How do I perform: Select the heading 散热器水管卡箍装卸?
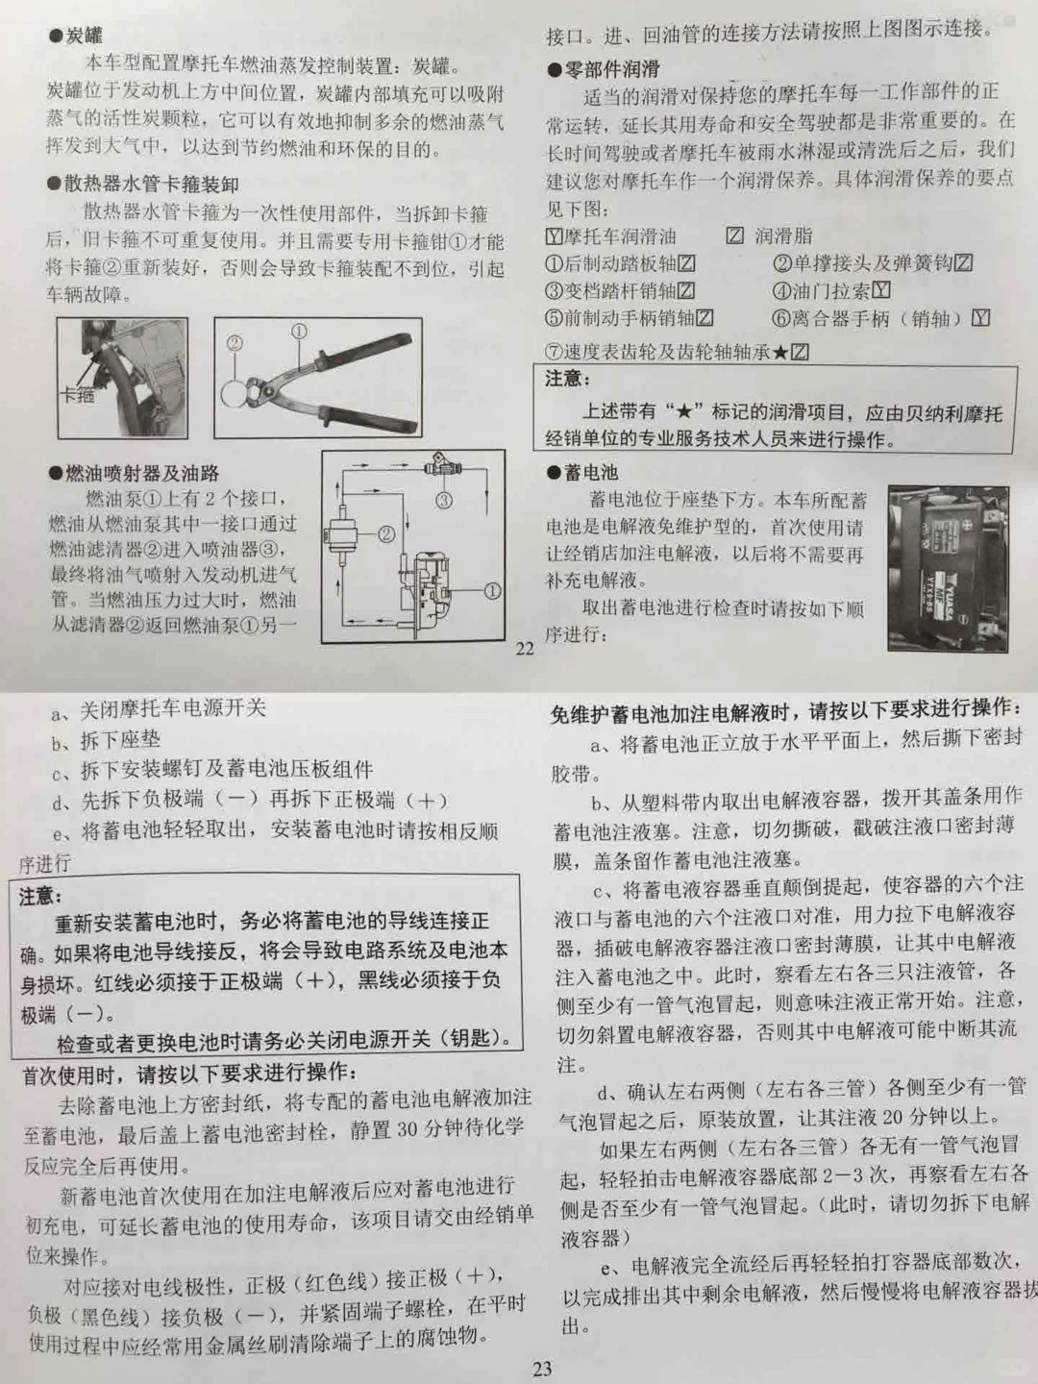pyautogui.click(x=144, y=184)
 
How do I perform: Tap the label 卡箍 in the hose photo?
pyautogui.click(x=77, y=393)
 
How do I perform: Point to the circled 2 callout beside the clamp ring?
pyautogui.click(x=234, y=343)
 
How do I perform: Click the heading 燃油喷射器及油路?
pyautogui.click(x=135, y=473)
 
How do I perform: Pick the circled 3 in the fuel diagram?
pyautogui.click(x=444, y=500)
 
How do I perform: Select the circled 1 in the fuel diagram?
pyautogui.click(x=491, y=591)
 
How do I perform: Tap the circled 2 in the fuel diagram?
pyautogui.click(x=386, y=534)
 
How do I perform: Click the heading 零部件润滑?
pyautogui.click(x=605, y=68)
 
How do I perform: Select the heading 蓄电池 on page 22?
pyautogui.click(x=582, y=472)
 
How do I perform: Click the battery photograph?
pyautogui.click(x=953, y=567)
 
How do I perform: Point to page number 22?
pyautogui.click(x=525, y=649)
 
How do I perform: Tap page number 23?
pyautogui.click(x=542, y=1369)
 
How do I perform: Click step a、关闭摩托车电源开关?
pyautogui.click(x=159, y=709)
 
